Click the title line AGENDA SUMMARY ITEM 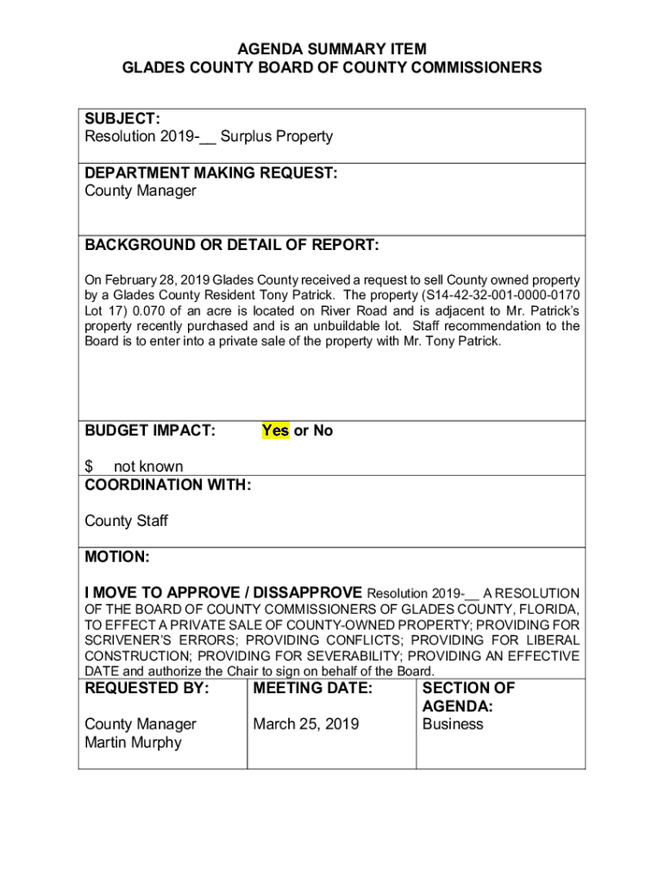(332, 49)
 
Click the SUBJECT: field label (120, 119)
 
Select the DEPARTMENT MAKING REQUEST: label (210, 173)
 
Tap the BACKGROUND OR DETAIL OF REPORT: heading (231, 246)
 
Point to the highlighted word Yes (275, 430)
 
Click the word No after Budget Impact (323, 430)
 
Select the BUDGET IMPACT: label (149, 430)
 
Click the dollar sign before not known (89, 467)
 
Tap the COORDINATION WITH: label (167, 485)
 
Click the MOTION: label (116, 558)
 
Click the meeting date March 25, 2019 (306, 724)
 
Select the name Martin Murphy (133, 742)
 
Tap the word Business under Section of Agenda (453, 724)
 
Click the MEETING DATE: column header (312, 688)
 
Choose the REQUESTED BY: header (147, 688)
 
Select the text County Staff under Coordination (126, 521)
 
